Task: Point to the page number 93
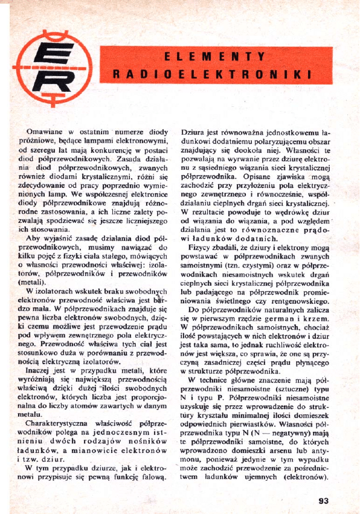coord(323,500)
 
